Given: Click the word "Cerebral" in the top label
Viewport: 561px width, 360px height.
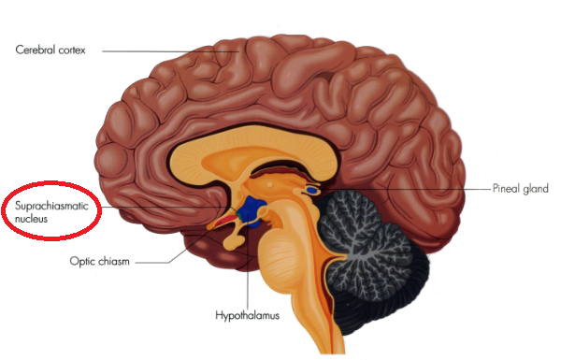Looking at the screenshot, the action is (36, 50).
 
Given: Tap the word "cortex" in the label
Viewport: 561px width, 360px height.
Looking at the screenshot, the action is (72, 50).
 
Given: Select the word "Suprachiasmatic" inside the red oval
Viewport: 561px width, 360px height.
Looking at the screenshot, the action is (51, 207).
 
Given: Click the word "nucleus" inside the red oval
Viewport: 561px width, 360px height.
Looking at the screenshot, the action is (31, 218).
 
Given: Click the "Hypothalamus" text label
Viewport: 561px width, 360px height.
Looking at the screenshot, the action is (247, 316).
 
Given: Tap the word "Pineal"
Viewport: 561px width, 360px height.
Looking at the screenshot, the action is (505, 188).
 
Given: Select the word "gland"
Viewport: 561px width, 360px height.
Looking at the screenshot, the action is (534, 189).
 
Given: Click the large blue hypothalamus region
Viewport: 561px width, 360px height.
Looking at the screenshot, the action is (253, 211).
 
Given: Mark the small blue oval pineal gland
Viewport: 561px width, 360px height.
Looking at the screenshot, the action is (312, 191).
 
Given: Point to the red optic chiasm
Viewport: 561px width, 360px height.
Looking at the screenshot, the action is (224, 222).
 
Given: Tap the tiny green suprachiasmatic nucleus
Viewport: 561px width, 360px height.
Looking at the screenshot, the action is (237, 215).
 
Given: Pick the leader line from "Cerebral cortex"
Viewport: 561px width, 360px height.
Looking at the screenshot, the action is (171, 51).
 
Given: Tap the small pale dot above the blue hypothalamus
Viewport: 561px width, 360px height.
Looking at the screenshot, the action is (270, 184).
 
